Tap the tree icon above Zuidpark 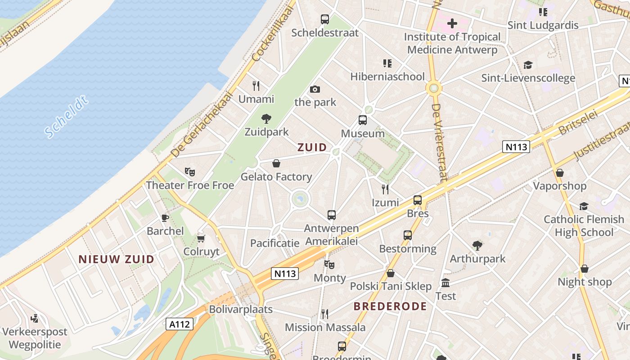pyautogui.click(x=266, y=119)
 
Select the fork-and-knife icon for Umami pyautogui.click(x=256, y=85)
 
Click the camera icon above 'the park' pyautogui.click(x=315, y=89)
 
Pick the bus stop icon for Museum pyautogui.click(x=363, y=120)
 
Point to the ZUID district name pyautogui.click(x=312, y=147)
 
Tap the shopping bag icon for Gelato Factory pyautogui.click(x=276, y=163)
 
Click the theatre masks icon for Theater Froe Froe pyautogui.click(x=190, y=171)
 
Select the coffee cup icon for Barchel pyautogui.click(x=165, y=218)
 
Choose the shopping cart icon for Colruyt pyautogui.click(x=201, y=238)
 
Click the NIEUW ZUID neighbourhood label pyautogui.click(x=116, y=259)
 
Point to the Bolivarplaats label pyautogui.click(x=241, y=309)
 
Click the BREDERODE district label pyautogui.click(x=390, y=306)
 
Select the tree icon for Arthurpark pyautogui.click(x=477, y=245)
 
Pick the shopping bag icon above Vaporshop pyautogui.click(x=560, y=173)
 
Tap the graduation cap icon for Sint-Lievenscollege pyautogui.click(x=528, y=65)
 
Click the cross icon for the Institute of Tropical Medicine pyautogui.click(x=452, y=23)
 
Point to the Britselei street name pyautogui.click(x=578, y=122)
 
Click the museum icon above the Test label pyautogui.click(x=445, y=283)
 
